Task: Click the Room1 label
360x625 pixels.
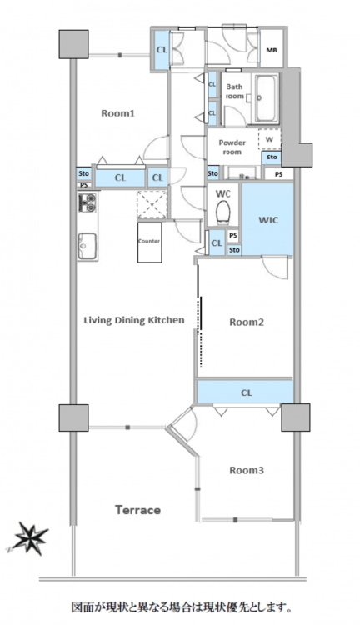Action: (x=117, y=113)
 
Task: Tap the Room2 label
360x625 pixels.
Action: (x=247, y=322)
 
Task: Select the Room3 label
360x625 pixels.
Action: (x=247, y=470)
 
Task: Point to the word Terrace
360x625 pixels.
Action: (x=138, y=510)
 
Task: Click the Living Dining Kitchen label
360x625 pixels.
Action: (x=134, y=320)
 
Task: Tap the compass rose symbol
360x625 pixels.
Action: (x=28, y=539)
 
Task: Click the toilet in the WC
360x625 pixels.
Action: (x=223, y=212)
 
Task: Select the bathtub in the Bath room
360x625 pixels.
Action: (x=267, y=98)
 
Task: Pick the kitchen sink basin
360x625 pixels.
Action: (x=87, y=246)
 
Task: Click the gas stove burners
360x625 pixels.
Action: (x=87, y=202)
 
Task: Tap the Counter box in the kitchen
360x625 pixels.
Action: (x=149, y=242)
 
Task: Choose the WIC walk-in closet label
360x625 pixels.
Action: (x=268, y=220)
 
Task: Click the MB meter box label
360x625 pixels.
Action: (x=272, y=50)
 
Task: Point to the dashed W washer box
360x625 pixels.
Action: (x=269, y=139)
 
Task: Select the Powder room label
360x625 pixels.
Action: (x=232, y=147)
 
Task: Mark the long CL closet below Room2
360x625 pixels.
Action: (x=245, y=392)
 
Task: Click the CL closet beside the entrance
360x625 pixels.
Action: (x=162, y=50)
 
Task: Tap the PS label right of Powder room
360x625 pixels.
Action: (x=278, y=174)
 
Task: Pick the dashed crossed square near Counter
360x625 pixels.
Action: (x=152, y=204)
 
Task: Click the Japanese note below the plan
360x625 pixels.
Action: (x=180, y=607)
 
